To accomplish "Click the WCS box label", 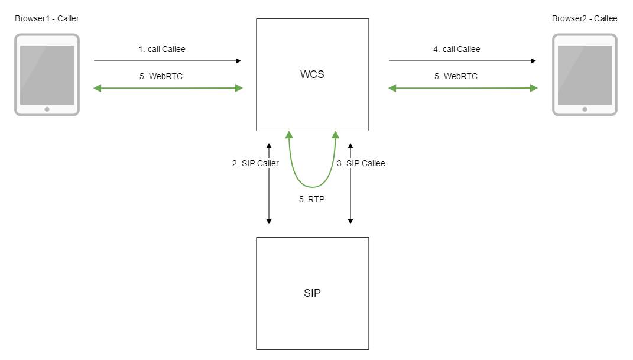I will tap(312, 75).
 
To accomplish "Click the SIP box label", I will tap(312, 293).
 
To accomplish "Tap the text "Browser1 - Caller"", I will tap(47, 18).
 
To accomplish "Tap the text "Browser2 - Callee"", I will tap(585, 18).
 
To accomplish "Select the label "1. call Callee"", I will tap(162, 49).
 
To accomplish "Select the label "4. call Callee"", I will tap(457, 49).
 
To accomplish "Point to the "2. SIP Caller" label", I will tap(255, 163).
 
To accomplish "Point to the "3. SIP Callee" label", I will tap(361, 163).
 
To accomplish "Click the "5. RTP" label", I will tap(311, 199).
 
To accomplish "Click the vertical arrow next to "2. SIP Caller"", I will tap(269, 195).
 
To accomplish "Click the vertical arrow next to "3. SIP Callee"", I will tap(350, 195).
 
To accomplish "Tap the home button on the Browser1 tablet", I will tap(47, 109).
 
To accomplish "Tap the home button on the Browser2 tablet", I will tap(585, 109).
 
